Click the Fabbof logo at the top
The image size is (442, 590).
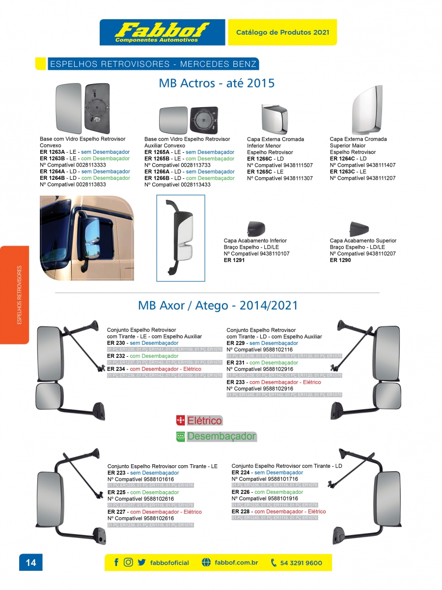[x=162, y=32]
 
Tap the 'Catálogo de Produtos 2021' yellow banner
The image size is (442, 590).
[x=282, y=32]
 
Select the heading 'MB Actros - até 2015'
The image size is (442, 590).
[x=217, y=83]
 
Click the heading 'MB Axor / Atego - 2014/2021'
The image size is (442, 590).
[x=218, y=306]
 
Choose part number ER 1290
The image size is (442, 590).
[x=340, y=260]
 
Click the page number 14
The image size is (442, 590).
[x=31, y=562]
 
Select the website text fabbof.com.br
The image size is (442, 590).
[x=236, y=562]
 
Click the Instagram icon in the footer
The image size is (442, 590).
[x=128, y=562]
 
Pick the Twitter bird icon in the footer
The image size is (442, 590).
[x=141, y=562]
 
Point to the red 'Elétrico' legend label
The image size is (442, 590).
[x=205, y=421]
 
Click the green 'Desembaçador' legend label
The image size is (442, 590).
[x=221, y=436]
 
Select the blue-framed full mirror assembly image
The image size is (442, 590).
[x=181, y=238]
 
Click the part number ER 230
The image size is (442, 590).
[x=116, y=343]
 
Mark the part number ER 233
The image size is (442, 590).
[x=236, y=382]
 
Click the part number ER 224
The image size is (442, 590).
[x=241, y=473]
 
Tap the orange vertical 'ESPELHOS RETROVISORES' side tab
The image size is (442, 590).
[x=15, y=295]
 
